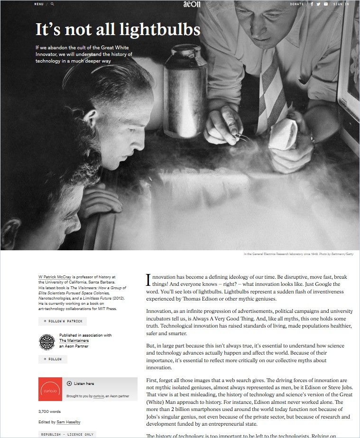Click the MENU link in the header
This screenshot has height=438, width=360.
pyautogui.click(x=38, y=4)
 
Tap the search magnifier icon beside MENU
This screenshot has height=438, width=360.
pyautogui.click(x=52, y=4)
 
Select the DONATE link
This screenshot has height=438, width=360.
pyautogui.click(x=297, y=4)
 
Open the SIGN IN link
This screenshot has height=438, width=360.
pyautogui.click(x=341, y=4)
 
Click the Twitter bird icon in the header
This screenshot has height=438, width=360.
pyautogui.click(x=319, y=4)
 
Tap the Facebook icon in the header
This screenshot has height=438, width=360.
pyautogui.click(x=312, y=4)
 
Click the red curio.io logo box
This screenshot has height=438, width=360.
pyautogui.click(x=50, y=389)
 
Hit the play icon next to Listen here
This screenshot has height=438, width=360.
pyautogui.click(x=69, y=383)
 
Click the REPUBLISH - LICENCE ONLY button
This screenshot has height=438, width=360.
pyautogui.click(x=67, y=434)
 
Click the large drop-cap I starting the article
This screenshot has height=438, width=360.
pyautogui.click(x=148, y=280)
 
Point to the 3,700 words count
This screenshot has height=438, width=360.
pyautogui.click(x=49, y=411)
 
